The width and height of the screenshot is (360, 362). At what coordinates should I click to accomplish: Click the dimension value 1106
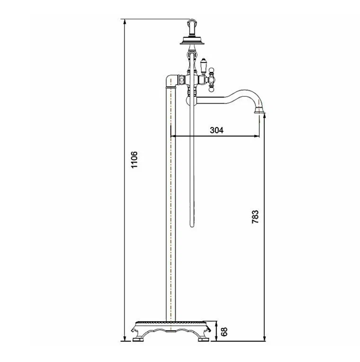[134, 160]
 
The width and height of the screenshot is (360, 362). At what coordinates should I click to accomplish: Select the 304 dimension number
[217, 130]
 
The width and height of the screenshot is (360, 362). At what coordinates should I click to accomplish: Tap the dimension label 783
[255, 217]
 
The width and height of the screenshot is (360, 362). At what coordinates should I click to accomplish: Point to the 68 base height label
[224, 332]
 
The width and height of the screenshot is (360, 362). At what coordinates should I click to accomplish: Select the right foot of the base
[204, 339]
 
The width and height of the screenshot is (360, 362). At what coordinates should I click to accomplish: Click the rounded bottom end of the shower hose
[192, 225]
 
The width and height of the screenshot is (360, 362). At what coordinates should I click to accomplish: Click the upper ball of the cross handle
[211, 70]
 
